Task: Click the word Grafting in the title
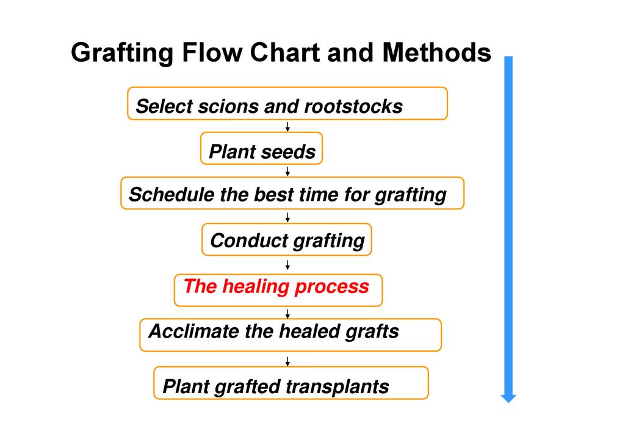pos(121,54)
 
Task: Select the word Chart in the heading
pos(286,53)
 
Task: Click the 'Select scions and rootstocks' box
pos(287,104)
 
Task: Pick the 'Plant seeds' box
pos(261,149)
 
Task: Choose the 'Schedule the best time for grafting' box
pos(292,194)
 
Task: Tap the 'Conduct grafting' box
pos(286,239)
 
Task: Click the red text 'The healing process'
pos(276,286)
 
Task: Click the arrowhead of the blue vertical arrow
pos(508,398)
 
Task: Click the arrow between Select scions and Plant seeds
pos(287,126)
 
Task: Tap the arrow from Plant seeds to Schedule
pos(287,171)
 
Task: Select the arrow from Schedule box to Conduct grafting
pos(287,217)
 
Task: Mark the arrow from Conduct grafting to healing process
pos(287,264)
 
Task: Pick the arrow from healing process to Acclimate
pos(287,313)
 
